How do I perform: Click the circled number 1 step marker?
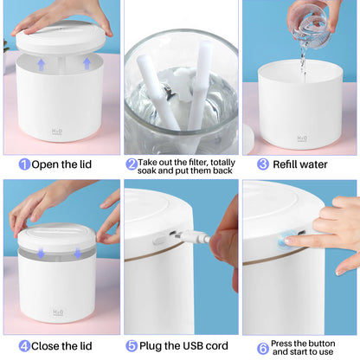[24, 164]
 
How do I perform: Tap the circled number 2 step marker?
[132, 164]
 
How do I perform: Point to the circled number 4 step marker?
[24, 345]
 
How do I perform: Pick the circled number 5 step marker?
[132, 345]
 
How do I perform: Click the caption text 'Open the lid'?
[69, 164]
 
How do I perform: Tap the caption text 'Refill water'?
[304, 164]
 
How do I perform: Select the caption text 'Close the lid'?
[70, 345]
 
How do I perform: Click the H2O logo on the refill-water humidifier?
[302, 138]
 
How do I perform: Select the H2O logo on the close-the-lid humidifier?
[58, 312]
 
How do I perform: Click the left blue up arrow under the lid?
[42, 63]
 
